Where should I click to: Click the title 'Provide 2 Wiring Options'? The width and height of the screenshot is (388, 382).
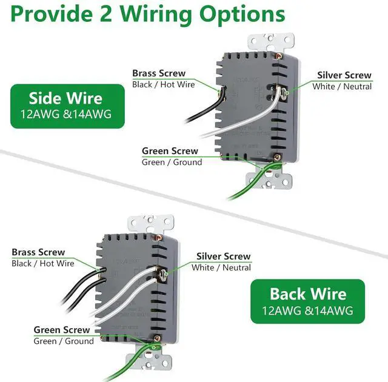click(x=147, y=14)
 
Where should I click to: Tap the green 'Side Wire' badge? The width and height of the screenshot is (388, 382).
click(x=66, y=106)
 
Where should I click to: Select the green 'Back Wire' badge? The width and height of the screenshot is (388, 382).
click(x=308, y=301)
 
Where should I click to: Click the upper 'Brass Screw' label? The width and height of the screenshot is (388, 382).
click(x=159, y=73)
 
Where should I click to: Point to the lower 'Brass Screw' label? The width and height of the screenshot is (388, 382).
click(x=38, y=252)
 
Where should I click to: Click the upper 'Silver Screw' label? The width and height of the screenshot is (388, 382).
click(x=344, y=75)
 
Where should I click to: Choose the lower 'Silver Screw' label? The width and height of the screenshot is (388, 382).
click(x=223, y=256)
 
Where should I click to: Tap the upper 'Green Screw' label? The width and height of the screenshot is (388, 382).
click(x=170, y=151)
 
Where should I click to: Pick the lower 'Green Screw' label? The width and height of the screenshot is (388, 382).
click(x=61, y=330)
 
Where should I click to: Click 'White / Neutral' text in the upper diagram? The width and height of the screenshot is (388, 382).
click(x=342, y=87)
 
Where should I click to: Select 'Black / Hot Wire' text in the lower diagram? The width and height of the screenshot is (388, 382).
click(x=42, y=263)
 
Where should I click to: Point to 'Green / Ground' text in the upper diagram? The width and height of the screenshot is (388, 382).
click(x=172, y=162)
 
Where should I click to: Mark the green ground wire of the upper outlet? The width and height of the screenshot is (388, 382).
click(x=249, y=185)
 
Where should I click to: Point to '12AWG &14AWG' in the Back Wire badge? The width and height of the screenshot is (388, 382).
click(x=307, y=312)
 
